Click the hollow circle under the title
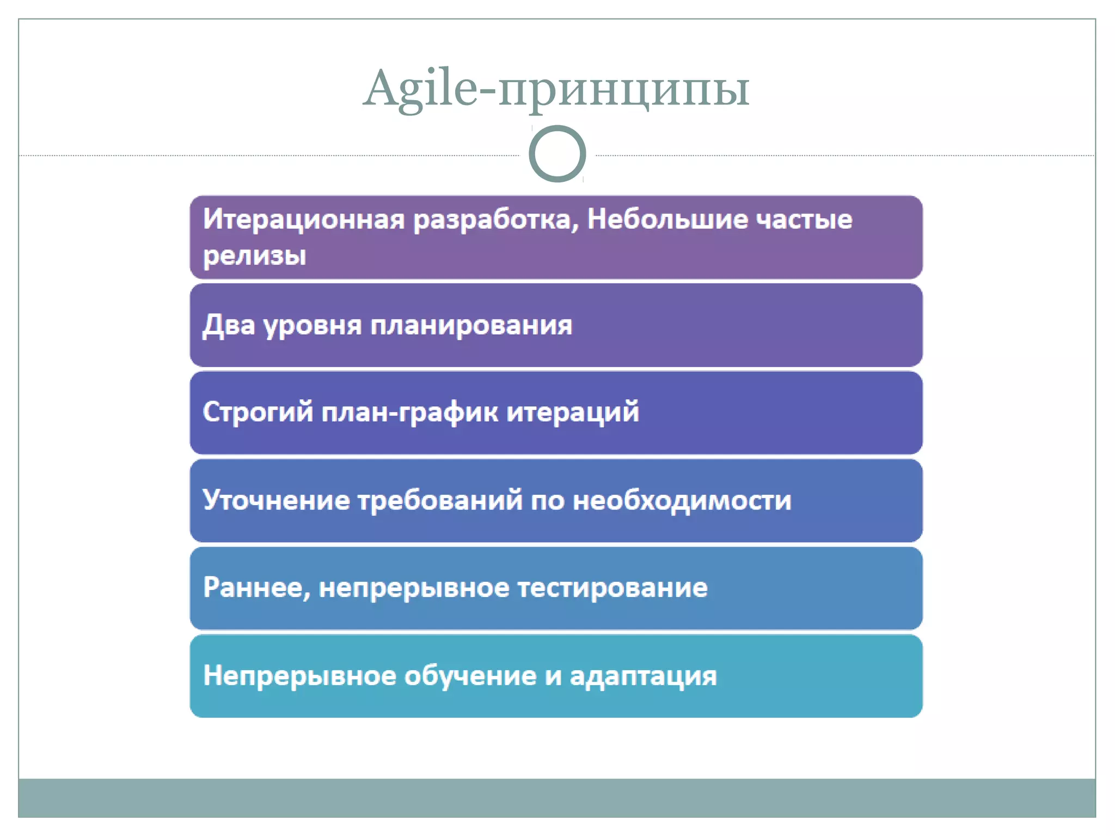(x=557, y=153)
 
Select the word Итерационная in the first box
(x=304, y=219)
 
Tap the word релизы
(x=254, y=255)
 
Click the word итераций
(x=573, y=413)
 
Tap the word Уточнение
(x=276, y=500)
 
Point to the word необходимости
(x=682, y=501)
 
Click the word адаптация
(x=643, y=677)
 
